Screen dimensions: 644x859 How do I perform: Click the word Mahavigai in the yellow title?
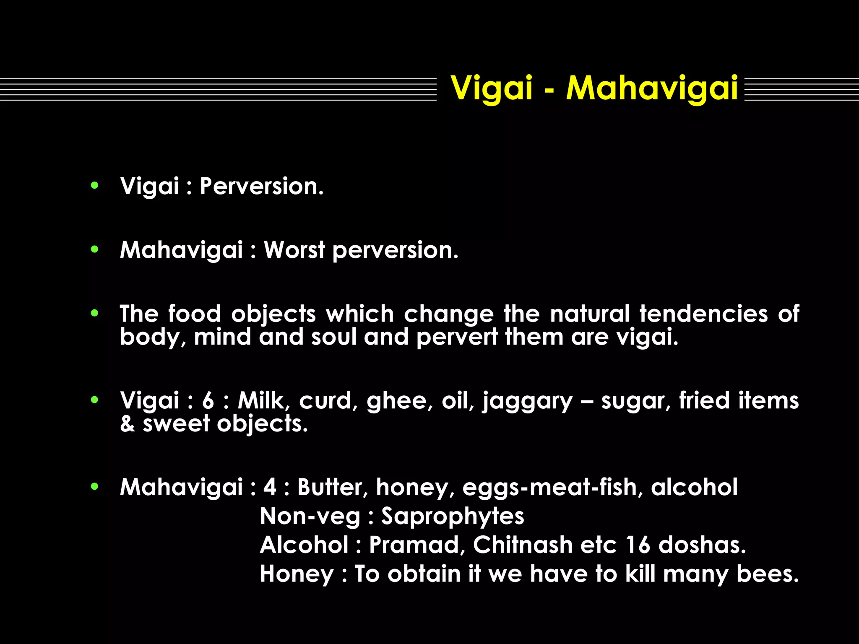tap(652, 88)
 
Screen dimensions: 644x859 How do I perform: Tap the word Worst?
tap(294, 250)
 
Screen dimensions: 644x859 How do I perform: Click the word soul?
tap(333, 337)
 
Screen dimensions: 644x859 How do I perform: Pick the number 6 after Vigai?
tap(208, 401)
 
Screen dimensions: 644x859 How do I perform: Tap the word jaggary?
tap(527, 401)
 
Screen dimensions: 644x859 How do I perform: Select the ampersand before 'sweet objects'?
tap(127, 423)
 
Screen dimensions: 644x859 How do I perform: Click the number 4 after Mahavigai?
tap(270, 488)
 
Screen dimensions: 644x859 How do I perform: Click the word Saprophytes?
tap(453, 517)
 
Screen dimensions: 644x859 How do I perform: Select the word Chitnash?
tap(523, 545)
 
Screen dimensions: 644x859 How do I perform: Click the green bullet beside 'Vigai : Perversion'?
tap(95, 185)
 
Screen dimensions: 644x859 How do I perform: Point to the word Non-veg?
tap(310, 517)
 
